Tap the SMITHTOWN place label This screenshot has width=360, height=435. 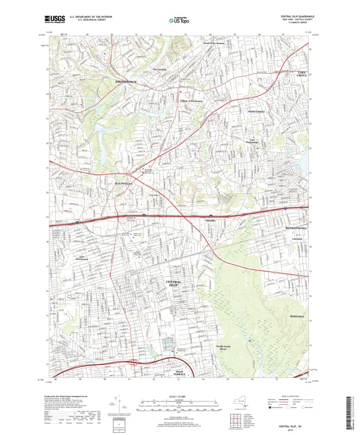(125, 82)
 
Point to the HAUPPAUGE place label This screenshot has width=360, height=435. (123, 184)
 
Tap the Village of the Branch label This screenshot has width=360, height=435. (191, 101)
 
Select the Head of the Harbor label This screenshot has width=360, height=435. (216, 43)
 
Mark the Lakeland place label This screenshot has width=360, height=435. (297, 239)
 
